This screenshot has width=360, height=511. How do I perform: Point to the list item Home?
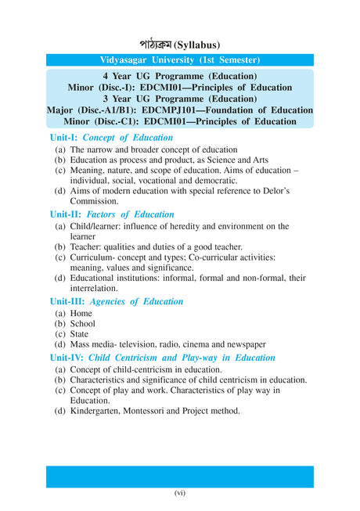point(81,313)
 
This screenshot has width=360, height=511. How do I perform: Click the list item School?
point(82,323)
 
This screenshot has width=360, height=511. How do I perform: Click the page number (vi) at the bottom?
point(179,494)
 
